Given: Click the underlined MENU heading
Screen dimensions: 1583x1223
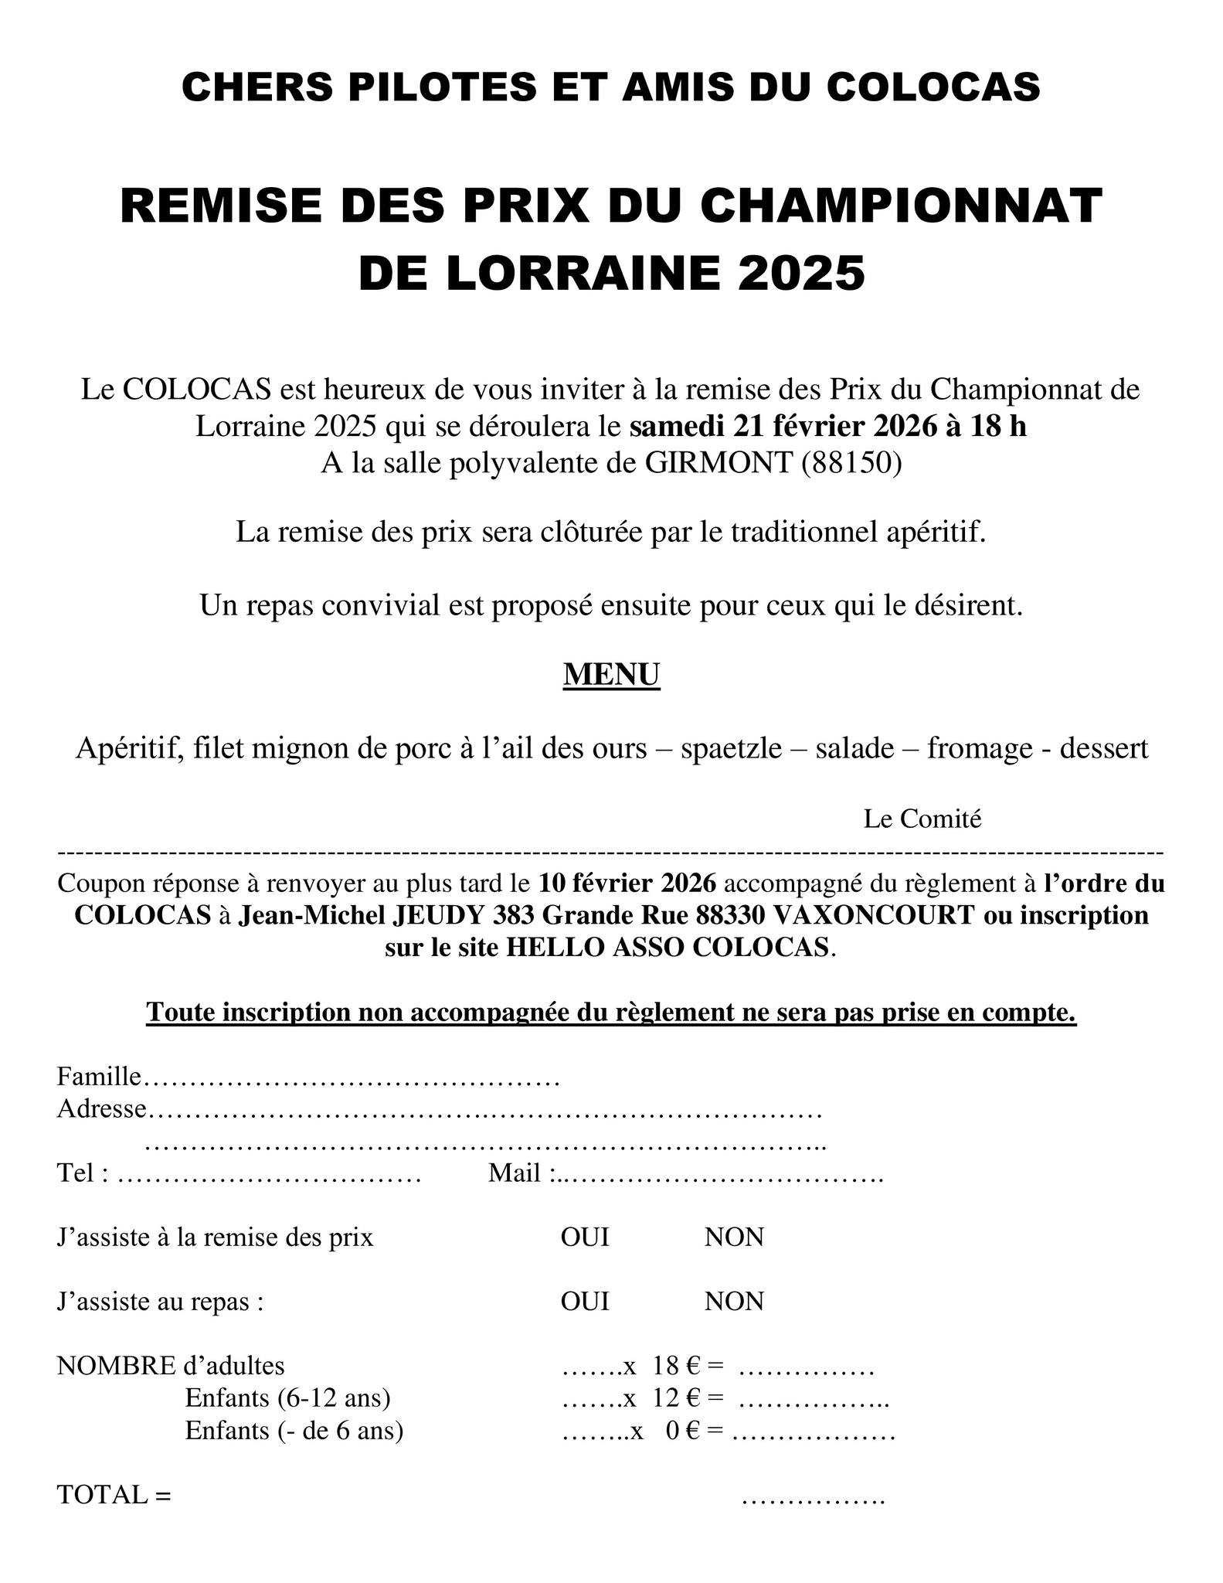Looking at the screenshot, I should point(611,674).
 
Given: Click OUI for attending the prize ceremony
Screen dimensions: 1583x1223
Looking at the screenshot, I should point(585,1237).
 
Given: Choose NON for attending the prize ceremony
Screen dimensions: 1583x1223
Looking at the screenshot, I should point(733,1237).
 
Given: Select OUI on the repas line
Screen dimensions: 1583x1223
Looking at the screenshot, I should point(585,1302).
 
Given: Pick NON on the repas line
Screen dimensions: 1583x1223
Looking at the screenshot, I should point(733,1302).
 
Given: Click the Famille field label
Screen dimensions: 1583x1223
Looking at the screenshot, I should point(99,1076).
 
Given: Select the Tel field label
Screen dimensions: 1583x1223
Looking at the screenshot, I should point(77,1173).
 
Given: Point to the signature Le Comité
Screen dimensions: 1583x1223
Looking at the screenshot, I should point(922,819).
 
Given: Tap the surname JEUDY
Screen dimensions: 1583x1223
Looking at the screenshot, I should point(442,915).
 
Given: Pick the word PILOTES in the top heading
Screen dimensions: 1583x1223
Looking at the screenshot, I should point(441,87).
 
